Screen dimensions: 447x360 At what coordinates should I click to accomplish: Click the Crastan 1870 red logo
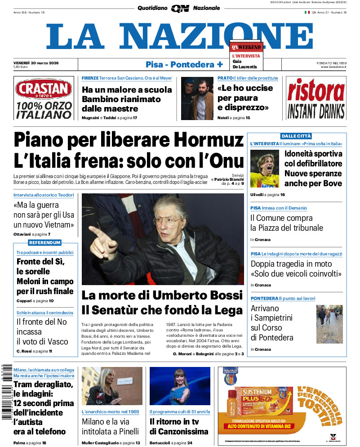43,89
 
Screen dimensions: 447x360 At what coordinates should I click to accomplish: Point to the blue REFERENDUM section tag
45,243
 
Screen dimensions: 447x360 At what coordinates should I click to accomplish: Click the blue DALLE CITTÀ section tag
296,136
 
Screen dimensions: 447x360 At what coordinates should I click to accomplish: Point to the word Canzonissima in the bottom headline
184,431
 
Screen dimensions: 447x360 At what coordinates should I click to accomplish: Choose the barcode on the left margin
6,391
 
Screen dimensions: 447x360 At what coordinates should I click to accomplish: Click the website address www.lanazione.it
333,67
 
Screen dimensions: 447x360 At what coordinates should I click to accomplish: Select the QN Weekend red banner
246,47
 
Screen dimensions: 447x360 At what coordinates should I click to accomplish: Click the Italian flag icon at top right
307,12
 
